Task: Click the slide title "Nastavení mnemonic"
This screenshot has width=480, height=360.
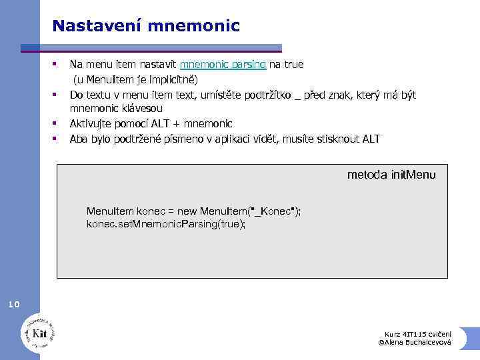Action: [145, 26]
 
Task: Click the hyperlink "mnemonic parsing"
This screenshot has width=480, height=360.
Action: [223, 65]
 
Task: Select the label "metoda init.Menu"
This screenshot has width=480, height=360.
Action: [391, 175]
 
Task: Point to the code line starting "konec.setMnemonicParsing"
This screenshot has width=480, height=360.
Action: [166, 224]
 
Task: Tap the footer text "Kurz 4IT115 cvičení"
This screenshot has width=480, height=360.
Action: [418, 333]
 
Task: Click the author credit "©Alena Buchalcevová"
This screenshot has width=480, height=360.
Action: [415, 342]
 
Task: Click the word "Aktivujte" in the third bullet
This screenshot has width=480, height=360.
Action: [91, 123]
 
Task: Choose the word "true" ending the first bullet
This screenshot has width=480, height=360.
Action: [293, 65]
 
